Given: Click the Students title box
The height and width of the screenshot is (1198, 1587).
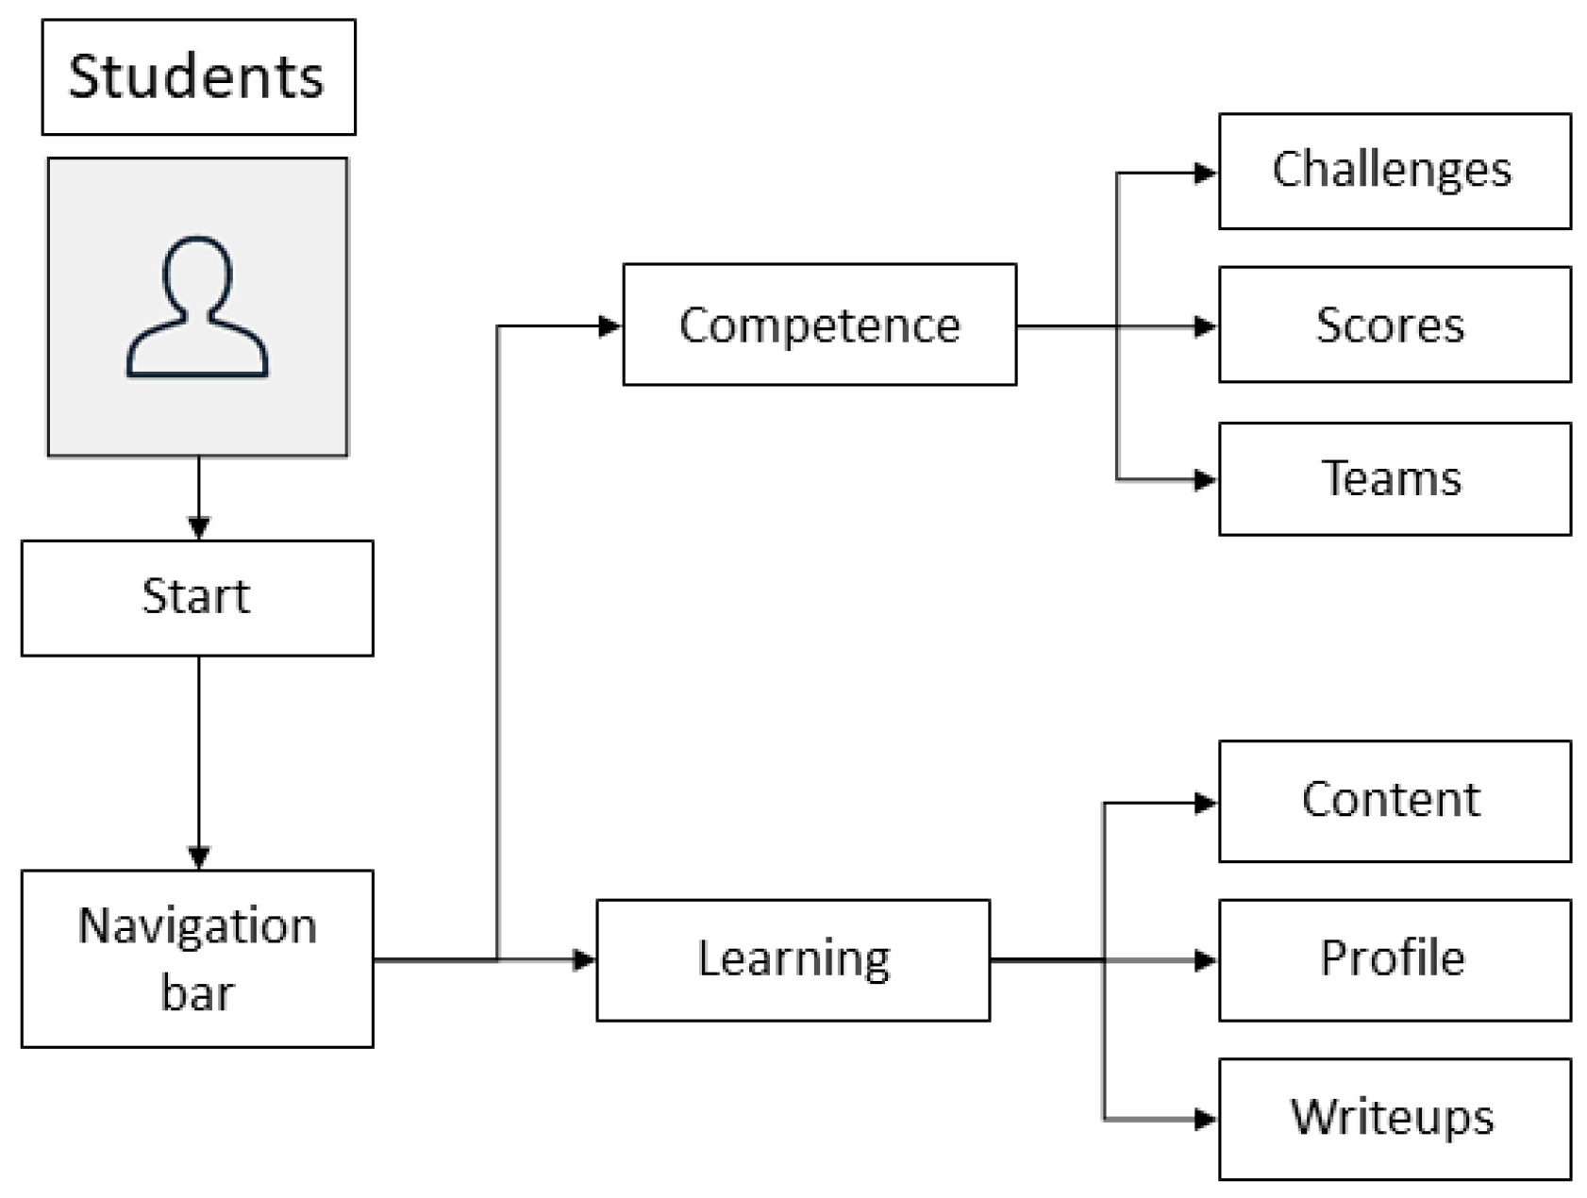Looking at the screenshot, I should coord(198,76).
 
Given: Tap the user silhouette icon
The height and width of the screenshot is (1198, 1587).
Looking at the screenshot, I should coord(197,308).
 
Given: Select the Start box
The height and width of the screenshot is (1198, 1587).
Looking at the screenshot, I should coord(197,597).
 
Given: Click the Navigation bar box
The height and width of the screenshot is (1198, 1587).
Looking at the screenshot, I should coord(197,957).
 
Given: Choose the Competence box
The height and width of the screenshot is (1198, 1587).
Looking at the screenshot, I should coord(819,324).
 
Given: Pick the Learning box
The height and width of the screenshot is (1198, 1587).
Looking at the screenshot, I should coord(793,959).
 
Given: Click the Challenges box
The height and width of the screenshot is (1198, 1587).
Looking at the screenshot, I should coord(1394,171).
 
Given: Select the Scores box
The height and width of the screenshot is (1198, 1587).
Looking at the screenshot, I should coord(1394,324).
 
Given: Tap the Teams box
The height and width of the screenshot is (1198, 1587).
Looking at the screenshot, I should coord(1394,478).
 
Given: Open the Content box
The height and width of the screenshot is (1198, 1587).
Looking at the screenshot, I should coord(1394,801).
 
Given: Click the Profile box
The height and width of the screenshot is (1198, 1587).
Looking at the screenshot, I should coord(1394,959).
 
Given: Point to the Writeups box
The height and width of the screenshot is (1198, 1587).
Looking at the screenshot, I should coord(1394,1118).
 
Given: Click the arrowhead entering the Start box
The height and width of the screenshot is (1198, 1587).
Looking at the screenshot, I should coord(198,528).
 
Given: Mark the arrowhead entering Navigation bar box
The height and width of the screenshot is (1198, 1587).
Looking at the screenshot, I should coord(198,857).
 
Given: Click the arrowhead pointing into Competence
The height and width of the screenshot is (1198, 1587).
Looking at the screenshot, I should coord(610,326).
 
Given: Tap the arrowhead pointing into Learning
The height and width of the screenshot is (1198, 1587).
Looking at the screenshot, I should coord(584,960).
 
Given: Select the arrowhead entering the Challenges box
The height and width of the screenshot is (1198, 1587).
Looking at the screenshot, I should coord(1205,173).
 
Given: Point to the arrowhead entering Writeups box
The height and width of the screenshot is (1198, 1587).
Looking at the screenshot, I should coord(1205,1120).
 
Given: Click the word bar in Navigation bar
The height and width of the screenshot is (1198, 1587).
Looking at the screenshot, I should coord(197,993).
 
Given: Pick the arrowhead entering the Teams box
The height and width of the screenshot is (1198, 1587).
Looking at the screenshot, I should coord(1205,480).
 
